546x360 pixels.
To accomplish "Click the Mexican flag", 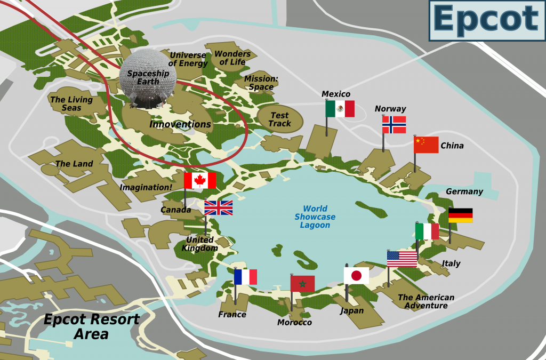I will [x=340, y=109].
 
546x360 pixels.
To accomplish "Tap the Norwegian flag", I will [x=394, y=125].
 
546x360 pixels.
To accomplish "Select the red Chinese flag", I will [x=426, y=145].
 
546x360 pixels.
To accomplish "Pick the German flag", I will [x=460, y=215].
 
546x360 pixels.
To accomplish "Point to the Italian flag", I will [x=427, y=231].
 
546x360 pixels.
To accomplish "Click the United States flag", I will [x=402, y=259].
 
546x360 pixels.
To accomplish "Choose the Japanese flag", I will [x=356, y=275].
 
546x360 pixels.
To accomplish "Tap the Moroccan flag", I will [x=302, y=284].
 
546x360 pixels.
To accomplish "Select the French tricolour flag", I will [x=245, y=277].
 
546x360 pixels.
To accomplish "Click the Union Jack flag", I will [x=219, y=208].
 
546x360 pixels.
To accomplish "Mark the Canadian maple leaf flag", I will [x=200, y=180].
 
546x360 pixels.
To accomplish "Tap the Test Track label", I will [x=280, y=119].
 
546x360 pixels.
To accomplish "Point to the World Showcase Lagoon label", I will [x=315, y=217].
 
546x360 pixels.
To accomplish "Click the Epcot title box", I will [x=487, y=20].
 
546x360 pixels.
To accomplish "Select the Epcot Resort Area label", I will [x=91, y=327].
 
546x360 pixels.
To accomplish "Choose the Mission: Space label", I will [x=261, y=83].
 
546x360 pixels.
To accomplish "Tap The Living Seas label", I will [x=71, y=103].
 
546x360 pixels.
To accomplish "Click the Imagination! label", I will [x=146, y=187].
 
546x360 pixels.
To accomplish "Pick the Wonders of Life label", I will [x=232, y=58].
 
